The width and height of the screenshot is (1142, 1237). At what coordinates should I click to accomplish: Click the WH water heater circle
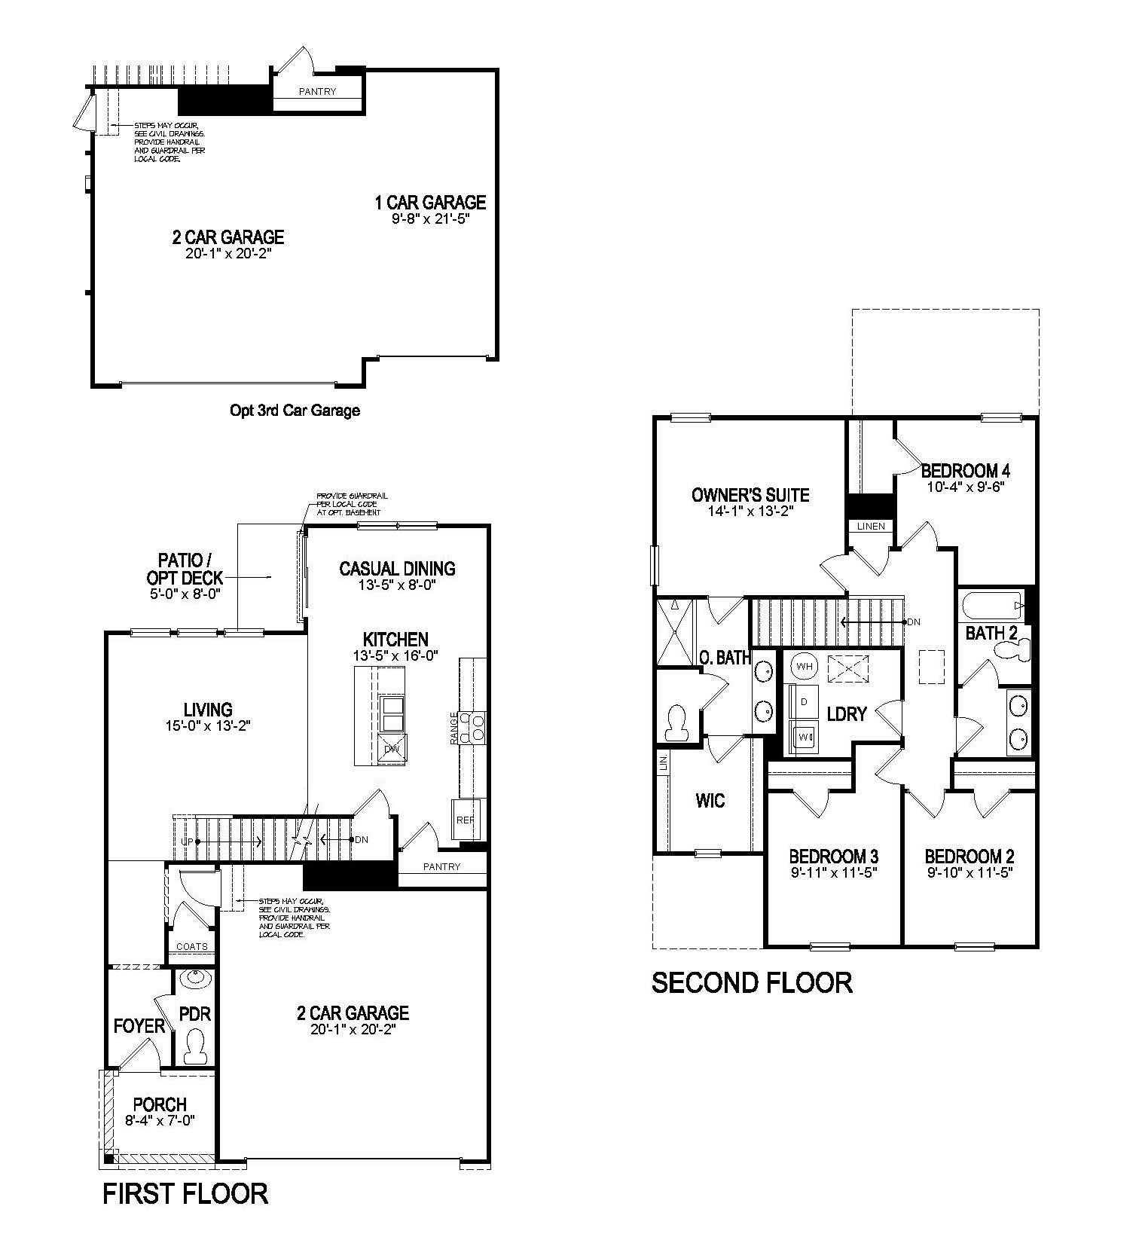pos(804,666)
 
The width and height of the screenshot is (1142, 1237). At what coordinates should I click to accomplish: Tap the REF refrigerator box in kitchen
pos(465,820)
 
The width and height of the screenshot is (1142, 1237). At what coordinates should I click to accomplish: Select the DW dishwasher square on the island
pos(392,749)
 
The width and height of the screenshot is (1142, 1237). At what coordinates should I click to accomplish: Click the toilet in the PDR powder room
pos(196,1048)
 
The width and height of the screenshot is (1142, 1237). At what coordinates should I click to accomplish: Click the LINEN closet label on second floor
pos(871,526)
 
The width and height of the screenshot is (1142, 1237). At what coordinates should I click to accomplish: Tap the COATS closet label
pos(191,947)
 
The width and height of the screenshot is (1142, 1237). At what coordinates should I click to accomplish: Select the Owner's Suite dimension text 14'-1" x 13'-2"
pos(750,511)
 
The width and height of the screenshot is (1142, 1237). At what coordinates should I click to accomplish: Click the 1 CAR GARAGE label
pos(430,202)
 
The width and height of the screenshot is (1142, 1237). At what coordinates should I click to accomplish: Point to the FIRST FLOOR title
pos(185,1193)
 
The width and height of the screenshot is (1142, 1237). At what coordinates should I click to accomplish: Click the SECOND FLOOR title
pos(752,982)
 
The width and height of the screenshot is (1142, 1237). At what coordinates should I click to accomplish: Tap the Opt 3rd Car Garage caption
pos(295,411)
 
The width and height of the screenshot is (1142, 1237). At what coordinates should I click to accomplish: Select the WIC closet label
pos(710,800)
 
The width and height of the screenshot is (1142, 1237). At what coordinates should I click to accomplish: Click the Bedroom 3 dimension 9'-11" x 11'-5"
pos(833,873)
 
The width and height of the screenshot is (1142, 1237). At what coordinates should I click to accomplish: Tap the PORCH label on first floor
pos(160,1104)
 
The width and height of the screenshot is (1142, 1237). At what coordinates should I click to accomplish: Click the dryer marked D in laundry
pos(804,701)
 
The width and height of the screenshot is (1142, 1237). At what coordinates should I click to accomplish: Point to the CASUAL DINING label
pos(397,568)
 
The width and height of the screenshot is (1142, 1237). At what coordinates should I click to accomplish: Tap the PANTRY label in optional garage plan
pos(317,92)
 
